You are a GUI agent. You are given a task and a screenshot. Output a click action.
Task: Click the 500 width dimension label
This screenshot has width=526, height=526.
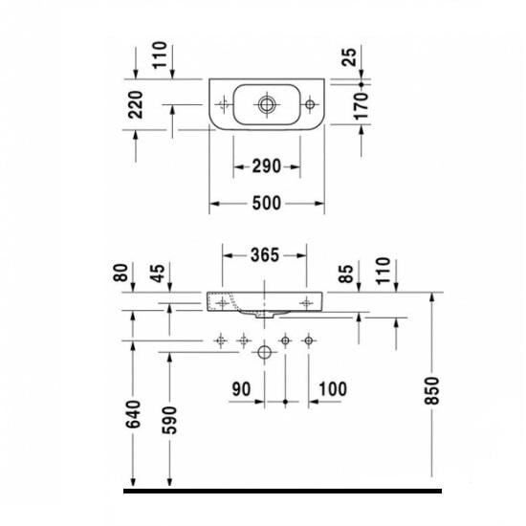pyautogui.click(x=267, y=204)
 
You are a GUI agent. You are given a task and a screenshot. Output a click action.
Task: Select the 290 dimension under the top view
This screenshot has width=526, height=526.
pyautogui.click(x=267, y=166)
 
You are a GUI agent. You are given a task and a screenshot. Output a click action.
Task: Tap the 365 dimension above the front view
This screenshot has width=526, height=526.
pyautogui.click(x=265, y=255)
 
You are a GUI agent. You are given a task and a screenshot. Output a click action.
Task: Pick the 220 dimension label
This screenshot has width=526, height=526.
pyautogui.click(x=135, y=105)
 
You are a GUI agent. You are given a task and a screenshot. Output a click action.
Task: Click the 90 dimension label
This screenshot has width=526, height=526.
pyautogui.click(x=240, y=389)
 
